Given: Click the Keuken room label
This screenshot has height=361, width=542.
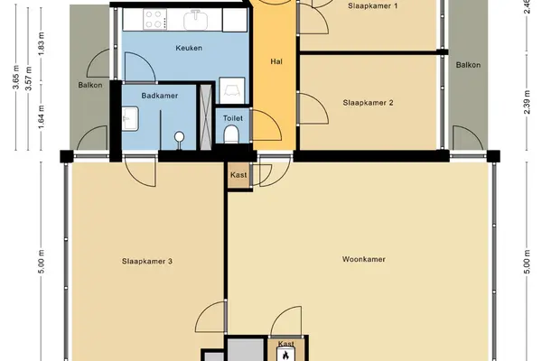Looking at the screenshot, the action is [x=189, y=48].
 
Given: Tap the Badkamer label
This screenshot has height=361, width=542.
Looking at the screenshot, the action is [x=160, y=96].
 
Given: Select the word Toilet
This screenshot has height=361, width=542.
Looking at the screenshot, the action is [x=233, y=118].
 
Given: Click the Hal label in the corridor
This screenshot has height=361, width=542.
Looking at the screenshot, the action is [x=276, y=61].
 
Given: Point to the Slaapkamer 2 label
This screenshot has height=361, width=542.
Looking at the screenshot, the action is [x=369, y=103].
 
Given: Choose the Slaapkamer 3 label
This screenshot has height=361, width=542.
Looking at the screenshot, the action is [x=147, y=261].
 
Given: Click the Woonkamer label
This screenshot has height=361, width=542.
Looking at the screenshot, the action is [x=364, y=259].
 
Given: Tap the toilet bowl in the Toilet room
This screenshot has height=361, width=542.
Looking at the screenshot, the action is [x=231, y=134].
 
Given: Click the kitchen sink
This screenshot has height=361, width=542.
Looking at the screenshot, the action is [x=197, y=20].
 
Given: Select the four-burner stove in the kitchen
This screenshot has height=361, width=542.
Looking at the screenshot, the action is [x=154, y=19].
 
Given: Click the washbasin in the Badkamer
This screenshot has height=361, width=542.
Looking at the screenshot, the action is [x=130, y=118].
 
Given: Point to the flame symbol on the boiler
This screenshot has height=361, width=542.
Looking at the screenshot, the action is [x=285, y=355].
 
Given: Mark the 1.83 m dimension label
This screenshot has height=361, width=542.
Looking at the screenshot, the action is [x=42, y=43].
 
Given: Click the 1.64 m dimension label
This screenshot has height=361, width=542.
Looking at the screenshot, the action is [x=42, y=116].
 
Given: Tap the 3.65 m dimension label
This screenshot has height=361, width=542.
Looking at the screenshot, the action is [x=16, y=77].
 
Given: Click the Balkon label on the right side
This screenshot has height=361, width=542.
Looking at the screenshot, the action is [x=468, y=65].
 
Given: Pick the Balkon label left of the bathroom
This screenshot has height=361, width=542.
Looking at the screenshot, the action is [x=89, y=85].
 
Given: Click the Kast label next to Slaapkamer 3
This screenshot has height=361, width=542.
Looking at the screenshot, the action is [x=238, y=175].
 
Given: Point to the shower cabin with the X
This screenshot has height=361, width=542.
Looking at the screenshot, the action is [x=206, y=117].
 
